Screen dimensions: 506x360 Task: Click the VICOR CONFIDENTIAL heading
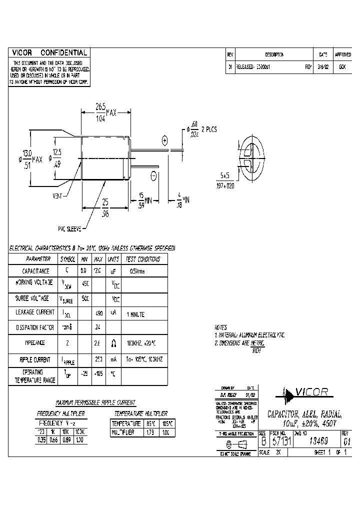pos(49,52)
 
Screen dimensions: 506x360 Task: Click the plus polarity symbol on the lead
pos(163,141)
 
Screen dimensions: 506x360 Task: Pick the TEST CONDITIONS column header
pos(143,259)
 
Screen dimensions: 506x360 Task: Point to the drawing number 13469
pos(315,440)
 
